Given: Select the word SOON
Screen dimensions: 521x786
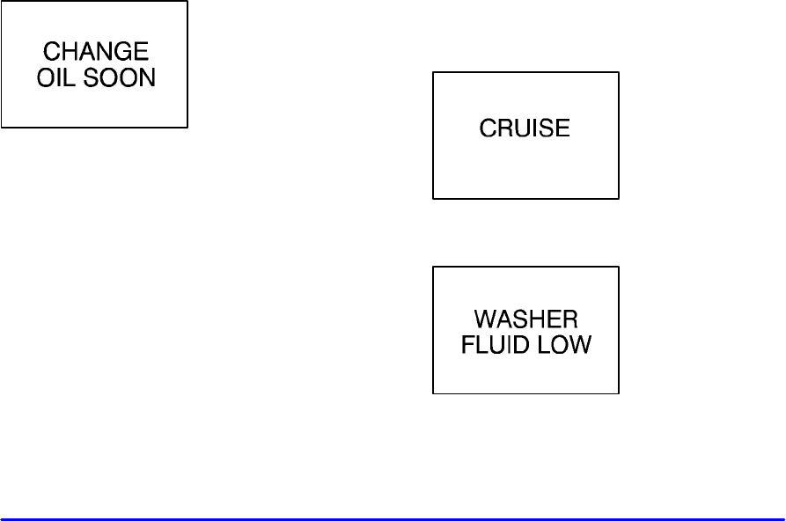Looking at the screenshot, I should coord(119,77).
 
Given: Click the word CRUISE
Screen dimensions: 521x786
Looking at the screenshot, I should coord(525,129).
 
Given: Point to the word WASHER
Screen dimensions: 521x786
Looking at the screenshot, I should coord(525,319).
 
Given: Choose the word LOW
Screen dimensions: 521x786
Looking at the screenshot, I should coord(566,344).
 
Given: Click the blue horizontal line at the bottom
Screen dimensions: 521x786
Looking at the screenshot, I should coord(393,519).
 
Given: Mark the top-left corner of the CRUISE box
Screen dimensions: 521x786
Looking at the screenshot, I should coord(433,73).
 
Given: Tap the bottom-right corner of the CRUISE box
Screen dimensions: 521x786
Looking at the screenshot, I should coord(619,198).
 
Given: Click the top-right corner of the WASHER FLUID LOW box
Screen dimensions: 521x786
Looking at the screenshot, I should coord(619,268).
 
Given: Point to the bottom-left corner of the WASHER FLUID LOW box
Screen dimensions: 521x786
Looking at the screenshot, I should coord(433,393).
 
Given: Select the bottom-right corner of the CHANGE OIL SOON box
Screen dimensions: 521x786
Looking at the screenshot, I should coord(187,127).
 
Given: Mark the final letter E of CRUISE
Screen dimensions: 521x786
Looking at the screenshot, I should coord(563,129).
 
